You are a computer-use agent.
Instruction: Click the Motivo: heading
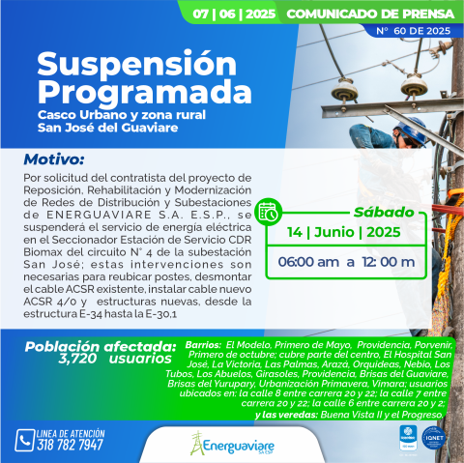coord(56,159)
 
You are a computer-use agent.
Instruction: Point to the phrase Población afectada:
coord(101,345)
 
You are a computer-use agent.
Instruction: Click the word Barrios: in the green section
coord(202,344)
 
